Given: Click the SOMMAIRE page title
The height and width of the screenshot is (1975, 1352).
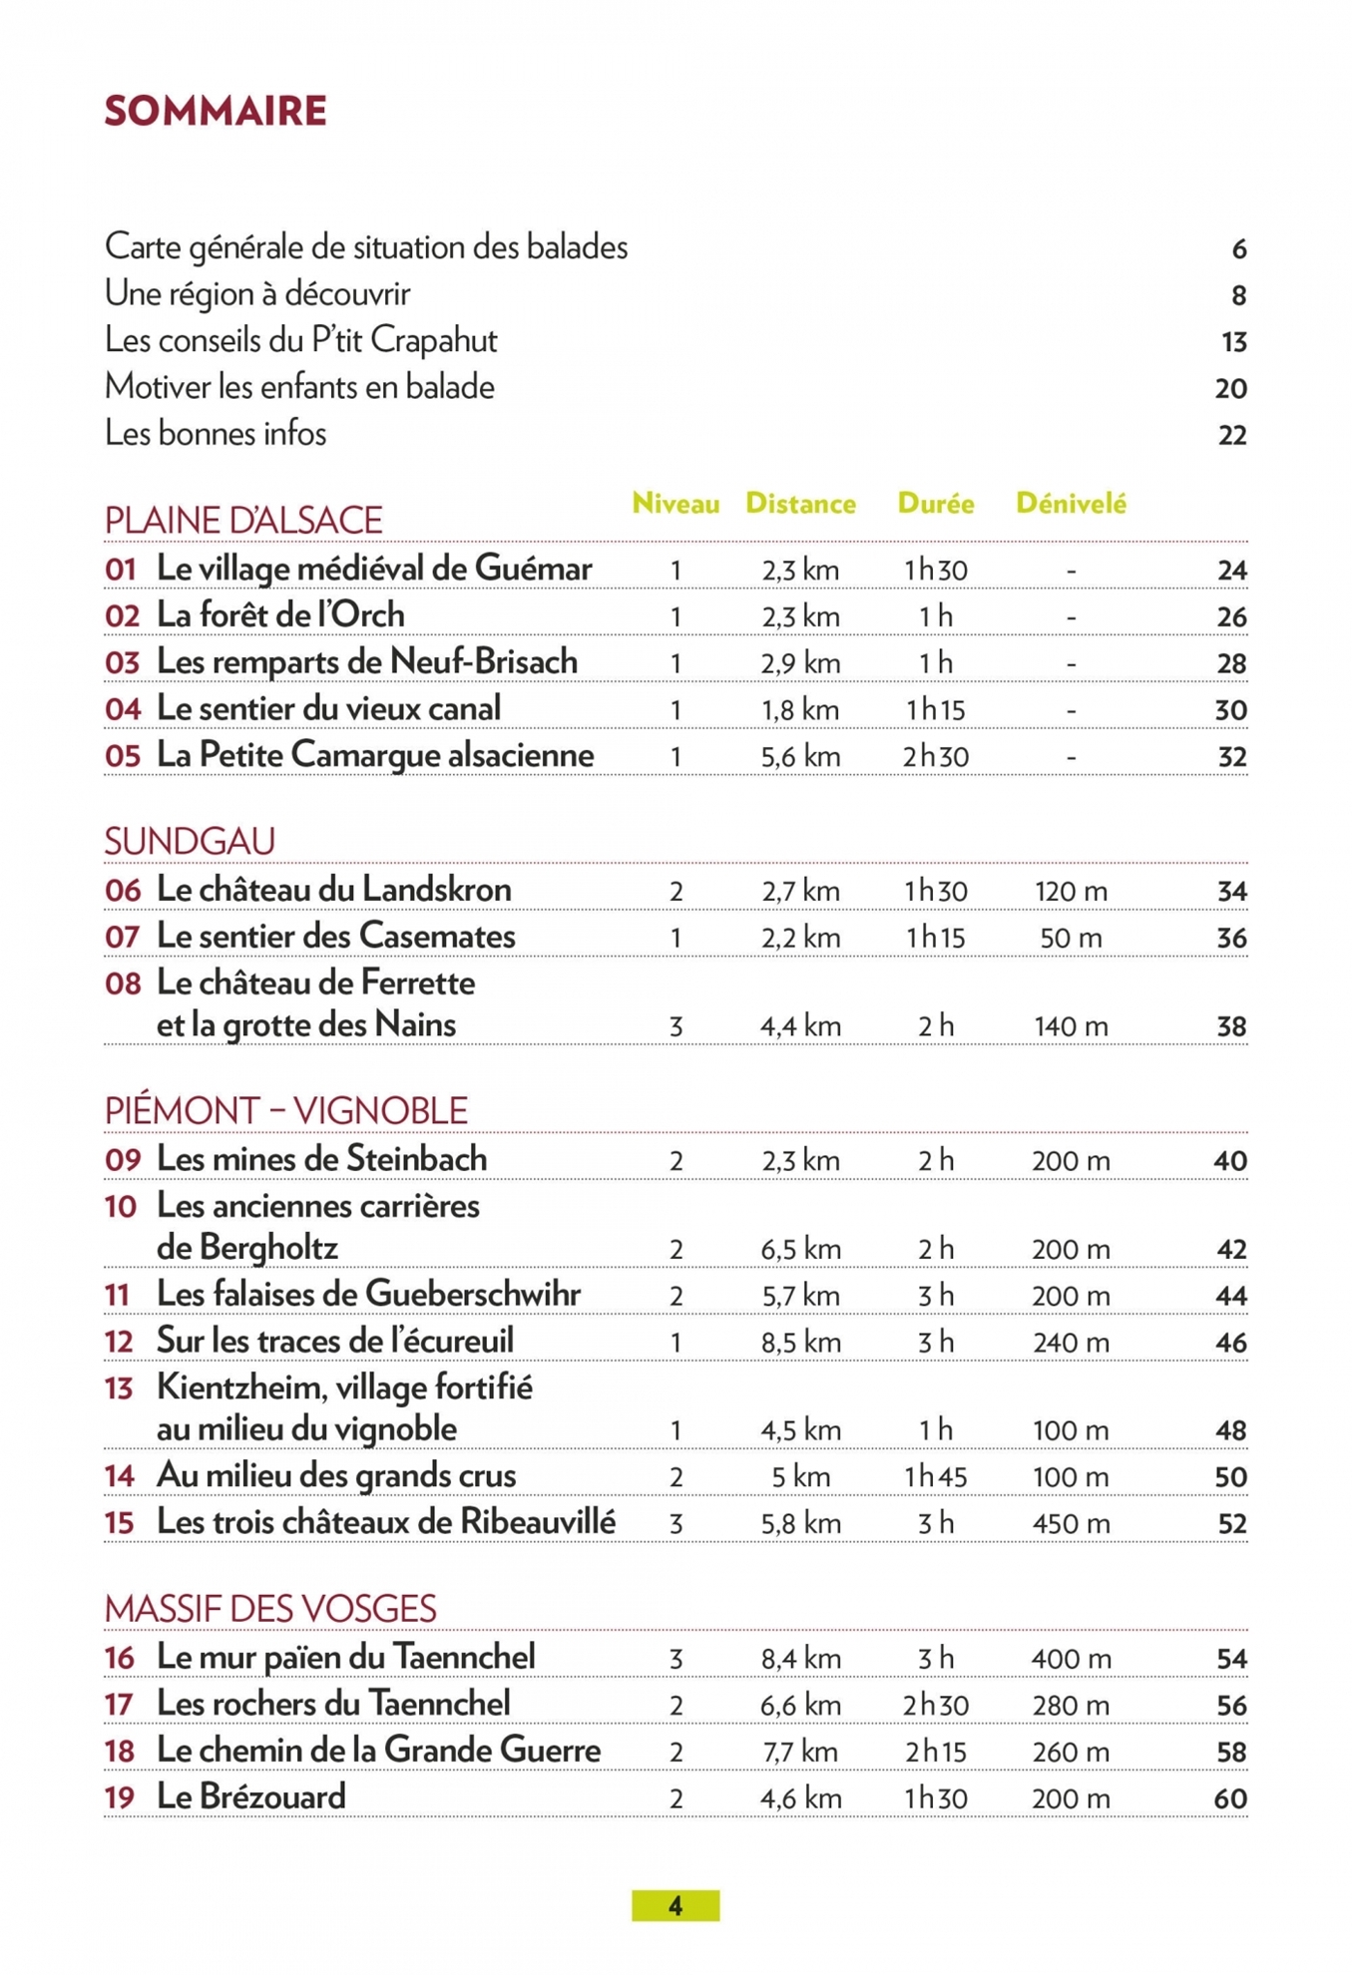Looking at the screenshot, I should point(216,111).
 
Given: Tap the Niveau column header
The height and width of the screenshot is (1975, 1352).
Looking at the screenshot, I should point(676,504).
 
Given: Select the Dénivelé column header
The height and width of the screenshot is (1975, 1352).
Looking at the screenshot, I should point(1071,504).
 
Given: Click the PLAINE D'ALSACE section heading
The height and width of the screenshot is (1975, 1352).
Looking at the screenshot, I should point(243,521).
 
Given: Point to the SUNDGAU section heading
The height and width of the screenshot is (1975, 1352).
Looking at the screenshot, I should point(190,842).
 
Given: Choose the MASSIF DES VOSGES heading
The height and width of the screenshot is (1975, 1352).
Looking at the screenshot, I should point(270,1609).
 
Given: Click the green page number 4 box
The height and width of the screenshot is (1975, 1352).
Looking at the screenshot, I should point(676,1905).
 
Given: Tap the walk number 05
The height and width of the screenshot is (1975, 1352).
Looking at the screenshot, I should point(123,756).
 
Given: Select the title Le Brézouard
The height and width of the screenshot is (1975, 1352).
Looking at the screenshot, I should point(251,1797).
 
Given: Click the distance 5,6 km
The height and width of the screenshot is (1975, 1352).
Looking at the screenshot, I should point(800,757).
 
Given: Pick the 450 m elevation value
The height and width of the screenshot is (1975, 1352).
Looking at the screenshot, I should point(1071,1524).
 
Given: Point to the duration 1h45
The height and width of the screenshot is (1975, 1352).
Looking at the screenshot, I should point(935,1477).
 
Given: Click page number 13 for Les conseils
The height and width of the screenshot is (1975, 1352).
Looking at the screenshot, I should point(1233,342).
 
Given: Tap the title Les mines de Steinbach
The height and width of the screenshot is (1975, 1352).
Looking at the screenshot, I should point(322,1159).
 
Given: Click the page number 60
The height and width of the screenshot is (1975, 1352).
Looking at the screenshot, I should point(1230,1799).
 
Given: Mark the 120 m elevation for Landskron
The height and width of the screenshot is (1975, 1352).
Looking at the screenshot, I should point(1071,892).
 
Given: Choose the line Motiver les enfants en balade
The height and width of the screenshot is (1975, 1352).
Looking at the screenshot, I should point(299,387).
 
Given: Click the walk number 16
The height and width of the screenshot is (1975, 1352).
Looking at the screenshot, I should point(120,1658).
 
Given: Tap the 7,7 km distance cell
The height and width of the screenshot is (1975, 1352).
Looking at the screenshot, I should point(800,1753).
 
